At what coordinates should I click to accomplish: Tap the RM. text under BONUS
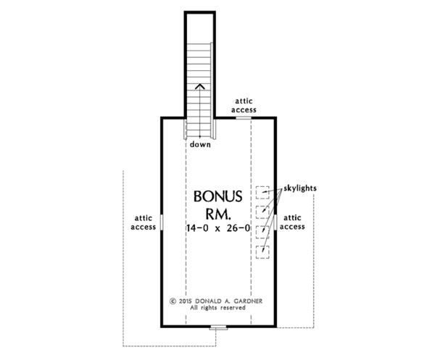coord(217,214)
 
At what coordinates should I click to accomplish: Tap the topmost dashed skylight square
coord(262,192)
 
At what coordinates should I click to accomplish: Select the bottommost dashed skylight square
coord(262,251)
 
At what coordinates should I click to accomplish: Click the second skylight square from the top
coord(262,212)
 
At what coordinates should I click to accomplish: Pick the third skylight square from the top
coord(262,232)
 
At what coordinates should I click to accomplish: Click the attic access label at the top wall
coord(243,105)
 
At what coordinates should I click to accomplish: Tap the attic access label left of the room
coord(143,222)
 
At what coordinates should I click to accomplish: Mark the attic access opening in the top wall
coord(243,116)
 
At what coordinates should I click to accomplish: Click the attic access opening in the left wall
coord(160,221)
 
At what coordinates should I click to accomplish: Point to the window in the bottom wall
coord(218,327)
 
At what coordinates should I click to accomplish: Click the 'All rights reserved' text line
coord(217,308)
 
